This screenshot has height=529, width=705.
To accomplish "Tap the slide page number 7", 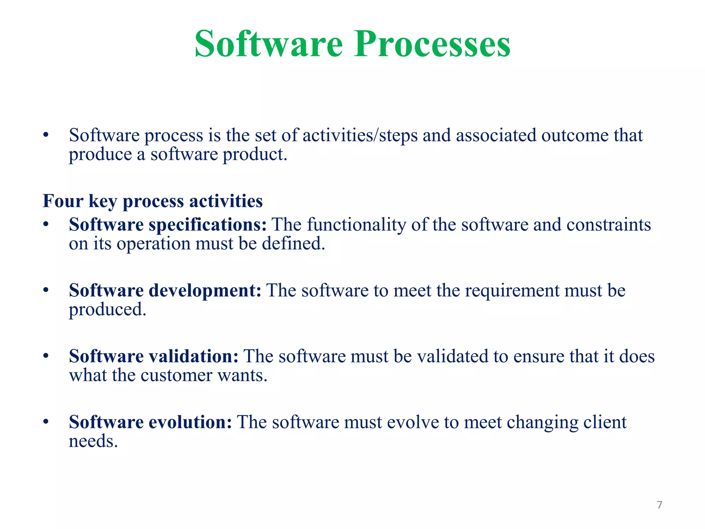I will [x=659, y=505].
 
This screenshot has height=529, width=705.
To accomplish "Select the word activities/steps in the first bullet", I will [x=360, y=135].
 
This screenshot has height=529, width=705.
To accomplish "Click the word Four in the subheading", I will [x=63, y=201].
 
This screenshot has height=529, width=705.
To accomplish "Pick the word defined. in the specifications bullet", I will [x=293, y=244].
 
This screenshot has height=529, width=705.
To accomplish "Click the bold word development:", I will [x=205, y=291].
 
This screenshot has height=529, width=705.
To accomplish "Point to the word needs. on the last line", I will [x=93, y=442].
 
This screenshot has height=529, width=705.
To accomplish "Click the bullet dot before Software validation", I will [x=46, y=356].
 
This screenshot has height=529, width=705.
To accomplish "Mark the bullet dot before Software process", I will [x=46, y=135].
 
